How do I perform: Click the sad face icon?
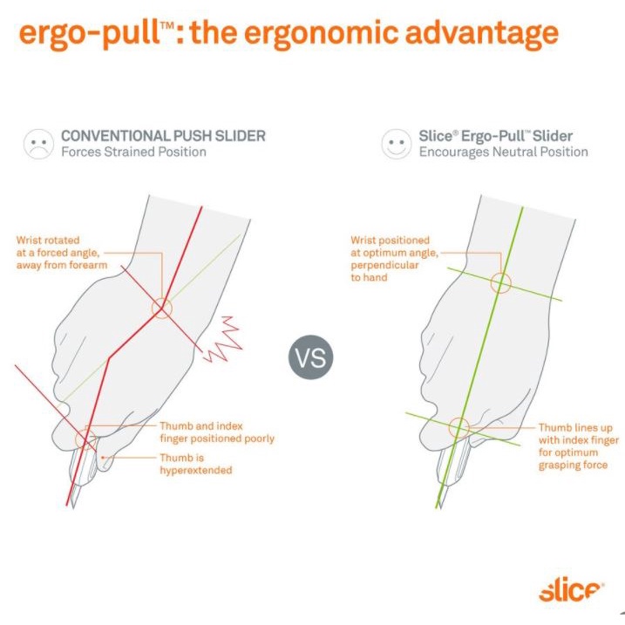37,144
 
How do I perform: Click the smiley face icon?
396,144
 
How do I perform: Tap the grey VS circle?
311,357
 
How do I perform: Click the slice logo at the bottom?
570,592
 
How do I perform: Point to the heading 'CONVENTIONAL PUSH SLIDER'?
163,136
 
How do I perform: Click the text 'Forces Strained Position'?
132,152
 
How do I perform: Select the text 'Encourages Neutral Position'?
503,152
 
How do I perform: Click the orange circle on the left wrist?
162,308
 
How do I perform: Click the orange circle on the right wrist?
500,282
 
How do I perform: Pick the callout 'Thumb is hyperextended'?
196,464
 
